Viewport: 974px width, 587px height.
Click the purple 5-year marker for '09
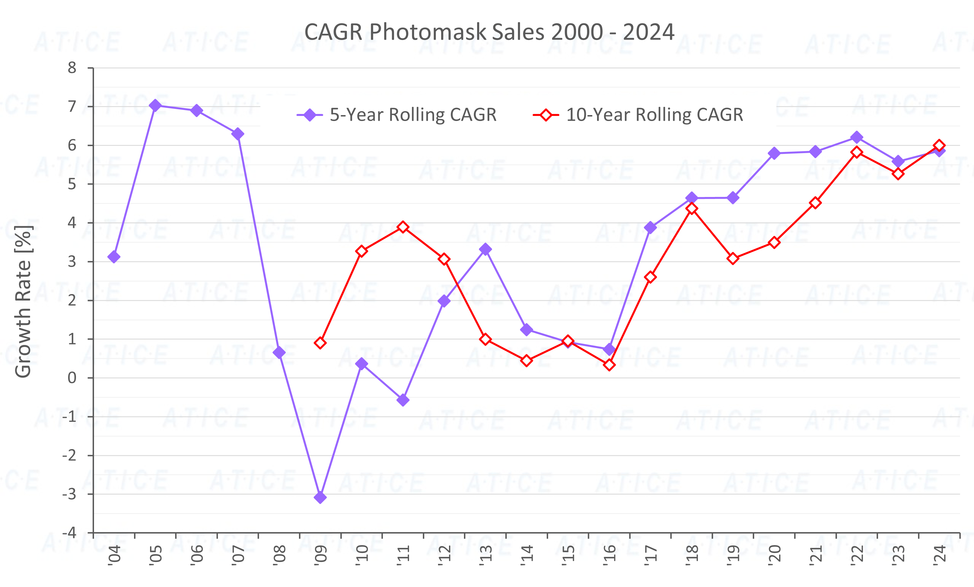click(320, 497)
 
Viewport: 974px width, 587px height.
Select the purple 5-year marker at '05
click(155, 106)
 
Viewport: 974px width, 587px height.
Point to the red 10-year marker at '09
click(320, 343)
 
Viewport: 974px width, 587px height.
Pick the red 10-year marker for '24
click(939, 146)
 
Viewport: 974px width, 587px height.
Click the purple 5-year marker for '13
click(485, 249)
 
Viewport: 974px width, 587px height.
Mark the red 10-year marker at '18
click(692, 209)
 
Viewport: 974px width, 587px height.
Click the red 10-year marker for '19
click(733, 259)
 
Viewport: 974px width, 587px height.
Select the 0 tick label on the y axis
click(72, 378)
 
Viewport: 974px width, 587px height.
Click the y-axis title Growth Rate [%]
click(23, 301)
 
